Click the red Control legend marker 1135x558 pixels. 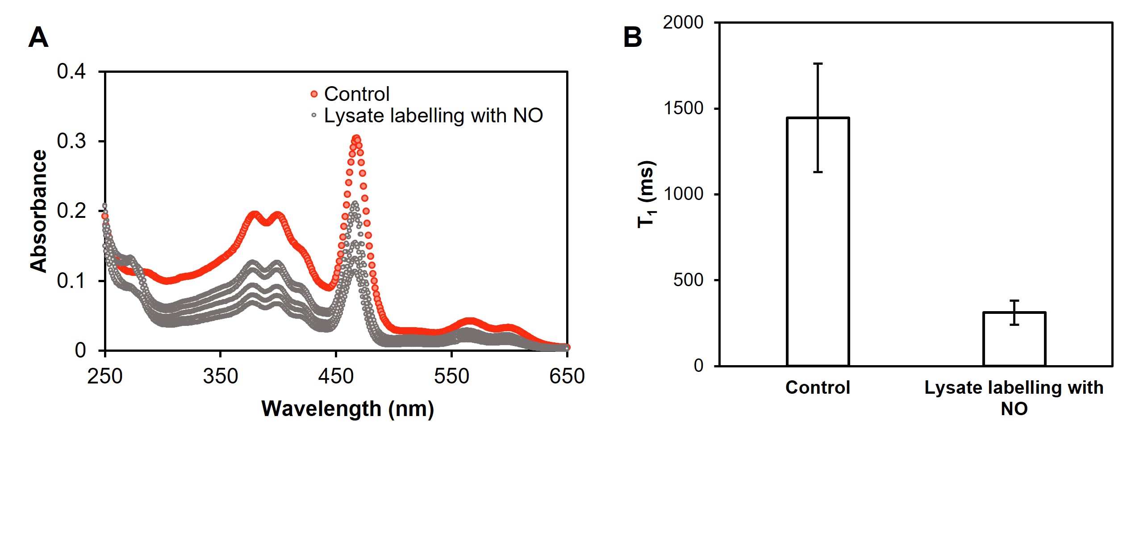[314, 94]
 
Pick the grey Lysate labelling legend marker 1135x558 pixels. [314, 115]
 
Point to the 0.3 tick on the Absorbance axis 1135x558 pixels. [71, 141]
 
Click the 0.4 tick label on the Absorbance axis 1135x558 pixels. [71, 71]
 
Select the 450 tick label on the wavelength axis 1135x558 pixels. [336, 376]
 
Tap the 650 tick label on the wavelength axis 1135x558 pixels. [567, 376]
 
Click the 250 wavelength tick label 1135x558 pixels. [105, 376]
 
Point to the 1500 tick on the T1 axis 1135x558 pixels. [683, 108]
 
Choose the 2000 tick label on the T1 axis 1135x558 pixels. [683, 22]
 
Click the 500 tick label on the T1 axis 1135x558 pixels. [688, 280]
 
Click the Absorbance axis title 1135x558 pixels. [38, 211]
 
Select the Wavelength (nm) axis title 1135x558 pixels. [347, 409]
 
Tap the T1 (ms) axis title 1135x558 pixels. [646, 194]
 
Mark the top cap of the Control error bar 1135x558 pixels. [818, 64]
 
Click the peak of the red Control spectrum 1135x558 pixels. [356, 138]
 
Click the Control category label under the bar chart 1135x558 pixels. [818, 387]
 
